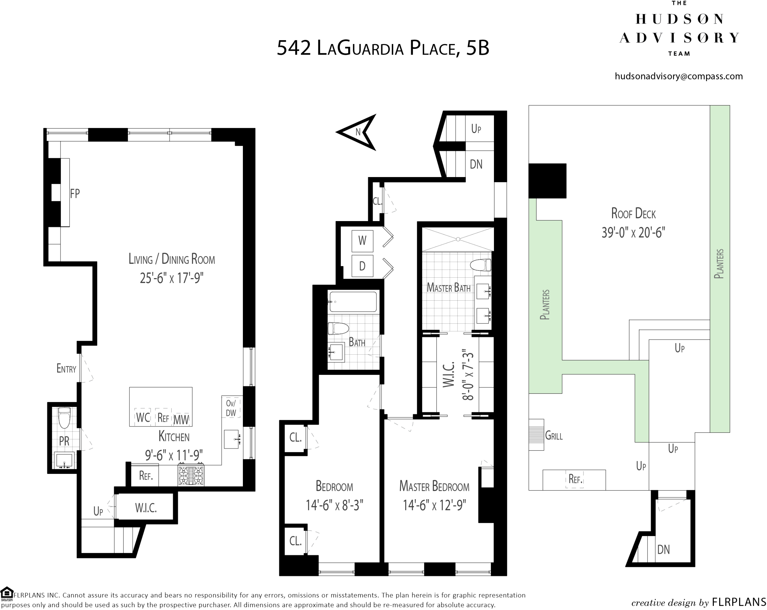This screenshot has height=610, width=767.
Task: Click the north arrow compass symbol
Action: click(357, 132)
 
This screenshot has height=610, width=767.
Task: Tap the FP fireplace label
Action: click(75, 194)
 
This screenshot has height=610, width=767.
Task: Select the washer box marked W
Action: click(362, 241)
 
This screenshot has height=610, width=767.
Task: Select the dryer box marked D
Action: click(362, 266)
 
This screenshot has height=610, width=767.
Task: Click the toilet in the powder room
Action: click(64, 418)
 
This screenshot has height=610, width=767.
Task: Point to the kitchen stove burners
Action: click(191, 475)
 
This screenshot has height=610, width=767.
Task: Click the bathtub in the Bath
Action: click(353, 302)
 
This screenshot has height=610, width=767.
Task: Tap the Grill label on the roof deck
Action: click(554, 436)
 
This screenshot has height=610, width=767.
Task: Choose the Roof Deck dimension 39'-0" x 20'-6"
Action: click(633, 233)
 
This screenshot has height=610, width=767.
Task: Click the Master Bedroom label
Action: click(434, 486)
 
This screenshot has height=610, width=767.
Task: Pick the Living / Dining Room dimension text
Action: click(172, 278)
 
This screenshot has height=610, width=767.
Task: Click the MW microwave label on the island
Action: click(181, 420)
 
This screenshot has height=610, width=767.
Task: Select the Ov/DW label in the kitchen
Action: click(231, 408)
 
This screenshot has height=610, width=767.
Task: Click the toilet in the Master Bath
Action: click(481, 265)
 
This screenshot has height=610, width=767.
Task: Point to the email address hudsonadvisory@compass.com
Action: click(679, 76)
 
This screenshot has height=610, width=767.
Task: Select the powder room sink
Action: click(64, 461)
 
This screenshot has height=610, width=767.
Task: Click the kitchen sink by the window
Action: click(232, 439)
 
